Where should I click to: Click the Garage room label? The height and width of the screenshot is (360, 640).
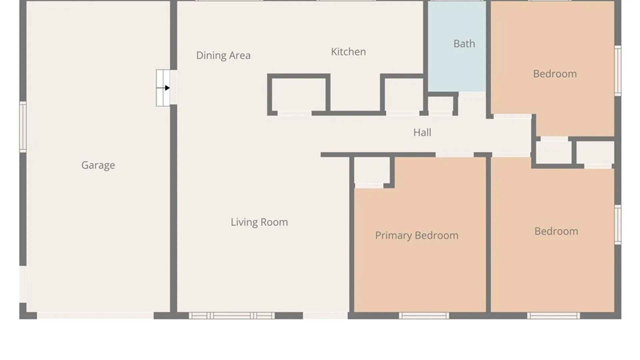tap(98, 165)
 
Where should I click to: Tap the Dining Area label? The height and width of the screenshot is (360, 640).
tap(223, 55)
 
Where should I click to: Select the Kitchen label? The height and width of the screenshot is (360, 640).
tap(348, 52)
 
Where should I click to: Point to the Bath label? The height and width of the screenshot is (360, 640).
tap(464, 44)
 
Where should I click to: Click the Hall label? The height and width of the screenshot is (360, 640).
tap(422, 132)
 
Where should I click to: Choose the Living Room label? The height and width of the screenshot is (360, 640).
tap(259, 222)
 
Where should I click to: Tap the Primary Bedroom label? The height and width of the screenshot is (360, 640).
tap(417, 236)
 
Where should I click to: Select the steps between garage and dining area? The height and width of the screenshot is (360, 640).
tap(163, 88)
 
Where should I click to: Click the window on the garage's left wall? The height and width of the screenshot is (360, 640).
tap(23, 127)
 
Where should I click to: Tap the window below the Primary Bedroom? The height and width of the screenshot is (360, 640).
tap(424, 316)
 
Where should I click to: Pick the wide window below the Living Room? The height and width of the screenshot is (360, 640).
tap(232, 316)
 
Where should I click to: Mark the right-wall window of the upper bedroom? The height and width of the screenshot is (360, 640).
tap(618, 71)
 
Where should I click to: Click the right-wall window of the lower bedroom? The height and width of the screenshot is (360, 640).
tap(618, 225)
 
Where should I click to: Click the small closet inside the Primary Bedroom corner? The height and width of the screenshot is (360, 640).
tap(372, 170)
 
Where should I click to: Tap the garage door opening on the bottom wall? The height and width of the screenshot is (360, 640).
tap(95, 316)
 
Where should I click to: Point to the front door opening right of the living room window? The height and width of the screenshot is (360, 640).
tap(325, 316)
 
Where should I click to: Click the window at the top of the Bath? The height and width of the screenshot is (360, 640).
tap(457, 1)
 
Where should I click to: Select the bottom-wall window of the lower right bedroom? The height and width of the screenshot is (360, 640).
tap(553, 316)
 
